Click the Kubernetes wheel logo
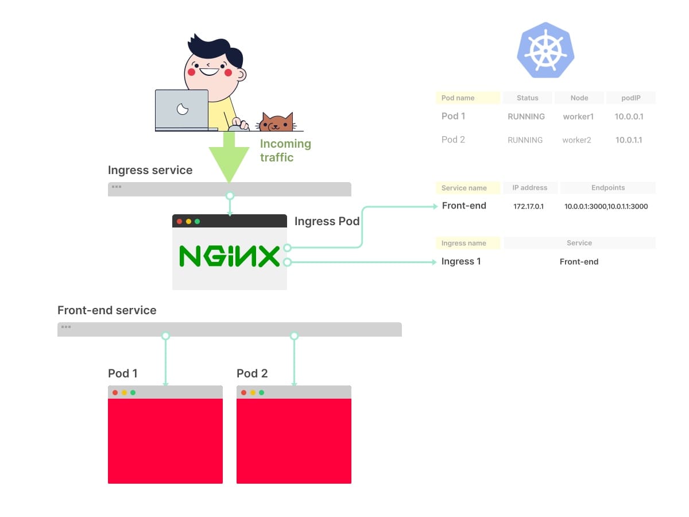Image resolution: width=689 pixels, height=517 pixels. coord(545,50)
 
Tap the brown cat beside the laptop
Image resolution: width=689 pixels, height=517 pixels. coord(276,122)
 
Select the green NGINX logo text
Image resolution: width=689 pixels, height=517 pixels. coord(229,256)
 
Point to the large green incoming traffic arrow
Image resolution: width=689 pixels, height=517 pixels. coord(229,156)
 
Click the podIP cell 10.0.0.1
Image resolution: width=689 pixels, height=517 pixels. coord(629,117)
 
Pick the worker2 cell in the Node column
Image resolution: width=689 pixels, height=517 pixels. coord(576,140)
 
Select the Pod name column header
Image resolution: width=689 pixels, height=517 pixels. coord(468,98)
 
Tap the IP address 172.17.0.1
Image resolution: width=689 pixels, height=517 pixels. coord(528,207)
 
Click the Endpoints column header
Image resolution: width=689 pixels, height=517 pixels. coord(608,188)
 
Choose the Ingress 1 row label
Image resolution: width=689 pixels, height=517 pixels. coord(461,261)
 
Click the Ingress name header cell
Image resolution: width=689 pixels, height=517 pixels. coord(468,243)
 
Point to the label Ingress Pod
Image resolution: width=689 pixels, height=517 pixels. coord(327,221)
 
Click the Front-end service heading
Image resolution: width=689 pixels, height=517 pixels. coord(107,310)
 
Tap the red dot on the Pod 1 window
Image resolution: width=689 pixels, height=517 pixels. coord(115,393)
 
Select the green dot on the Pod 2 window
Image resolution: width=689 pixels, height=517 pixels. coord(261,393)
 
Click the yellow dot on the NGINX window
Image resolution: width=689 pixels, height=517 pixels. coord(188,222)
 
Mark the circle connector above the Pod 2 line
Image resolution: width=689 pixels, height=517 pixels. coord(294,336)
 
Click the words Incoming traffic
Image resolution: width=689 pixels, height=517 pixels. coord(285,151)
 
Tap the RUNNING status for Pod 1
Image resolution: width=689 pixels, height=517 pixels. coord(526,117)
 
